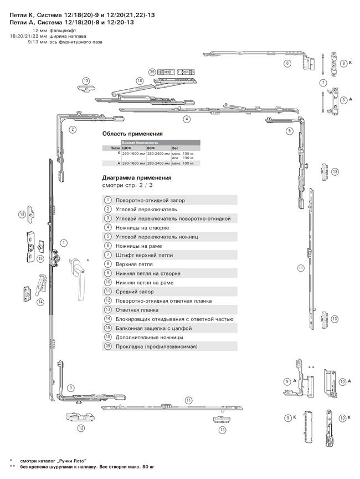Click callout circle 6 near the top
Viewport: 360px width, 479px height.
287,63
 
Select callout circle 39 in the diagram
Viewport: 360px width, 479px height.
152,72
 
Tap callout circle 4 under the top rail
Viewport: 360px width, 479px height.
187,119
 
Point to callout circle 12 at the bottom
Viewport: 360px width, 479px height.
80,428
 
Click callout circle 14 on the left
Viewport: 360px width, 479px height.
40,302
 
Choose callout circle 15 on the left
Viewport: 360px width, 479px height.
40,258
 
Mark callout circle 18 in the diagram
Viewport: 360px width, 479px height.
140,81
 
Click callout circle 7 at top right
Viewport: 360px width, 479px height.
322,83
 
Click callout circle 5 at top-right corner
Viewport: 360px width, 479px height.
289,131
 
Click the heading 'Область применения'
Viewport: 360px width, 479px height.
132,134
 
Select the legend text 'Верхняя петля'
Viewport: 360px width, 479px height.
133,264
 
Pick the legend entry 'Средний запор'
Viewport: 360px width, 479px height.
135,292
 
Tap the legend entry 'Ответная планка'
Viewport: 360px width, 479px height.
137,310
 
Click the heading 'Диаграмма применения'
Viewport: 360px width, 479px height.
137,178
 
